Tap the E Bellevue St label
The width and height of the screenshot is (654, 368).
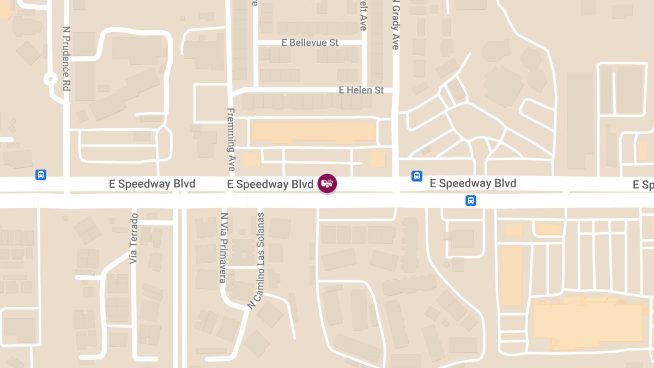pos(310,43)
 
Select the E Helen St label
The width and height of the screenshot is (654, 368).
pos(361,90)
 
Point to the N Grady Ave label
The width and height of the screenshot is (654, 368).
pos(396,25)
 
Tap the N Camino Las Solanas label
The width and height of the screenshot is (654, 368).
pos(256,261)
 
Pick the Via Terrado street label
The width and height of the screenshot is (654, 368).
pos(134,238)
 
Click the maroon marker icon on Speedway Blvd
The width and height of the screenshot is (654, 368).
pos(327,183)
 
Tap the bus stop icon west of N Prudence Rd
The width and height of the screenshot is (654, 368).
pos(40,175)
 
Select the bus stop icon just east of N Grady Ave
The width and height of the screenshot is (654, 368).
pos(416,176)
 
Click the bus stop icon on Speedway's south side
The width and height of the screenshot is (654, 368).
pos(471,201)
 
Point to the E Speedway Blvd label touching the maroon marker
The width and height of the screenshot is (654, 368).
pos(270,184)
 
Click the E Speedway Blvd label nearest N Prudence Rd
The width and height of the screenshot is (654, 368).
pos(152,184)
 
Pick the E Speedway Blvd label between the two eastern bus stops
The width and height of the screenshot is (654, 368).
pos(473,183)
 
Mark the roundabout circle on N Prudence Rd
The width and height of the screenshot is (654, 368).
pos(51,79)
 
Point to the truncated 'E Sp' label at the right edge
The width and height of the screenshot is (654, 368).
pos(643,185)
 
